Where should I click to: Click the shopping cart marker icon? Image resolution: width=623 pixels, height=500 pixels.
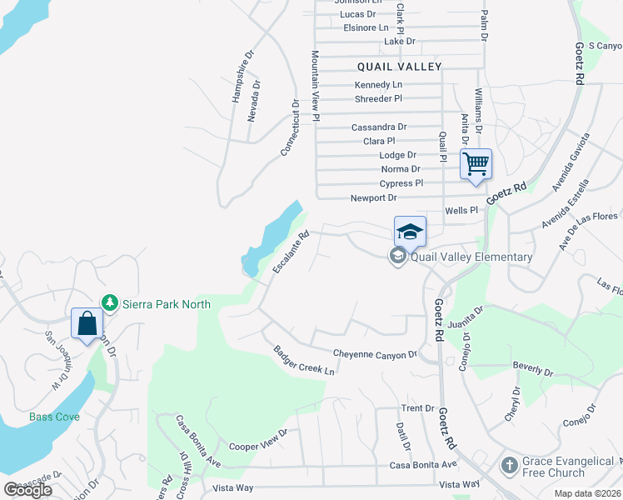coord(476,163)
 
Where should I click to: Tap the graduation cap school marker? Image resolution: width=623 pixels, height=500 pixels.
coord(410,232)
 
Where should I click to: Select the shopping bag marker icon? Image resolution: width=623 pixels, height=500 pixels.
coord(87,322)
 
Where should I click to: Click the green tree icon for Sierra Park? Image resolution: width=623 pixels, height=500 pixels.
coord(107,302)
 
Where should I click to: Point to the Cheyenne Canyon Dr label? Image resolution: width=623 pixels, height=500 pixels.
coord(375,354)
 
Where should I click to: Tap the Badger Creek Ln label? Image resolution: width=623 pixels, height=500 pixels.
coord(304,360)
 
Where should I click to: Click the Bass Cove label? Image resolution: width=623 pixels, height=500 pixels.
coord(54,417)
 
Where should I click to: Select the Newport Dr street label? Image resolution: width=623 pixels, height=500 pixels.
coord(375,197)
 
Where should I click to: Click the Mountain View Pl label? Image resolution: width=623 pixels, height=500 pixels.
coord(316,86)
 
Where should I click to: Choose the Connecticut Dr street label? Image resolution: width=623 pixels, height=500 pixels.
coord(289,128)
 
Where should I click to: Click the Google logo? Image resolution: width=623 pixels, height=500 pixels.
coord(27,490)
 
